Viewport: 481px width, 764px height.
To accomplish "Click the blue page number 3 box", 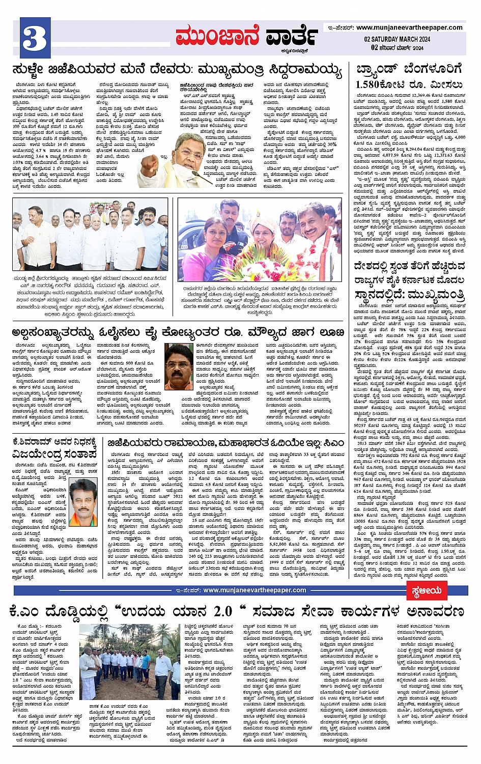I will tap(36, 38).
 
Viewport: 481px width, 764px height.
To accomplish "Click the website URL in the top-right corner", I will tap(409, 27).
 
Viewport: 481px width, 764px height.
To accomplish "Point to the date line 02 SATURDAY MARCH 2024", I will tap(397, 39).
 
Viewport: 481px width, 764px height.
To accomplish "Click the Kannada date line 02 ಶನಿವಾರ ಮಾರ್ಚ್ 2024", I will tap(397, 47).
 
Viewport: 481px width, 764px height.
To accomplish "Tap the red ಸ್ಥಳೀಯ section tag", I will tap(427, 590).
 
